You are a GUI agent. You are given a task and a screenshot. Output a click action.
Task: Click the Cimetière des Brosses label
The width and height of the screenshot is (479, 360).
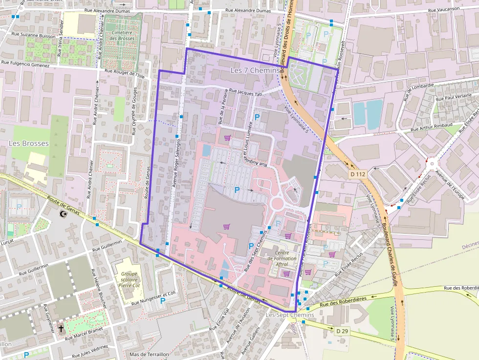tap(122, 35)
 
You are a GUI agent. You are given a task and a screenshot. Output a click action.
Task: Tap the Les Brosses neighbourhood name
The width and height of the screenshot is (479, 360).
tap(29, 143)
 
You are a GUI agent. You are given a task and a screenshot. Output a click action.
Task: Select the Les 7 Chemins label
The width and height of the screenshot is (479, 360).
tap(255, 71)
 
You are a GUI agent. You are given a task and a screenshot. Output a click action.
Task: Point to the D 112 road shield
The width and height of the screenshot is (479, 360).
tap(358, 174)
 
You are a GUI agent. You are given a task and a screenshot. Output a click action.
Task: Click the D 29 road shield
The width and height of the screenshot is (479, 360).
tap(343, 331)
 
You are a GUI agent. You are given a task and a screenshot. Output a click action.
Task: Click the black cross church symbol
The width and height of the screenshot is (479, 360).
tap(61, 328)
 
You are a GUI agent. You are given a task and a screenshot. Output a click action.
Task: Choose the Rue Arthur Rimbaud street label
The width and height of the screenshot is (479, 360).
tap(433, 129)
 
